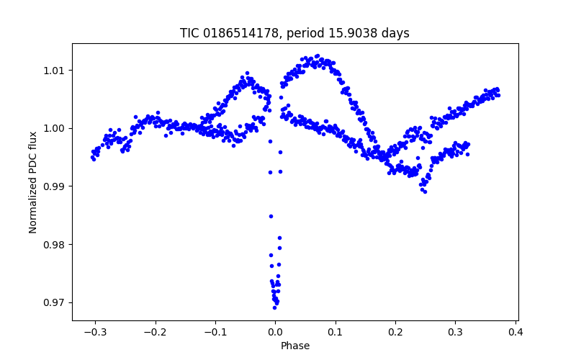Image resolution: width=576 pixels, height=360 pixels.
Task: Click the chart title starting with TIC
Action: tap(294, 33)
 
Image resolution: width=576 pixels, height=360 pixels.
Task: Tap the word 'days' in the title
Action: tap(397, 33)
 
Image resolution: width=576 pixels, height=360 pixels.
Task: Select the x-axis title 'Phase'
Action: tap(295, 346)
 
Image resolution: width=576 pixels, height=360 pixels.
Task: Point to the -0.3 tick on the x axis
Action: tap(94, 332)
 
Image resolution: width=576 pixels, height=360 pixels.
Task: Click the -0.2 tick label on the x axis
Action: tap(154, 332)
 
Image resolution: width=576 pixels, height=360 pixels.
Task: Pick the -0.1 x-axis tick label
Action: tap(215, 332)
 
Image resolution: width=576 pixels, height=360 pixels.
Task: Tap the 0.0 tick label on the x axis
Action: tap(275, 332)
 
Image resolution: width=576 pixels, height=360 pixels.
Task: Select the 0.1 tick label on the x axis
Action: tap(335, 332)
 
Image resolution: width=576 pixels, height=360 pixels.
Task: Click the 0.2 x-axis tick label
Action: tap(395, 332)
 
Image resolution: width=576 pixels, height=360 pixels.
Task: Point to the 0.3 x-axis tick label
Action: tap(455, 332)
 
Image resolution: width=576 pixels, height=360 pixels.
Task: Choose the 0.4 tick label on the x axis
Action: tap(516, 332)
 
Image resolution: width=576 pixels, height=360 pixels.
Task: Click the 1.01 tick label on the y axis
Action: tap(55, 71)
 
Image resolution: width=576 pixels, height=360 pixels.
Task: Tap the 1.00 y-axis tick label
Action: tap(55, 128)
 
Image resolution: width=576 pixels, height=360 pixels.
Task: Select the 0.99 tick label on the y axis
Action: tap(55, 186)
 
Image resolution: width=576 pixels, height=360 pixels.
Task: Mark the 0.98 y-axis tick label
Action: tap(55, 245)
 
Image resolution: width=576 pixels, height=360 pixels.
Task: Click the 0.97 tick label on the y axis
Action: tap(55, 302)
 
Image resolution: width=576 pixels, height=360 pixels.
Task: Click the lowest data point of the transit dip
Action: tap(274, 307)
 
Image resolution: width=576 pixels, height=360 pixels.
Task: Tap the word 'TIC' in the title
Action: tap(189, 33)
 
